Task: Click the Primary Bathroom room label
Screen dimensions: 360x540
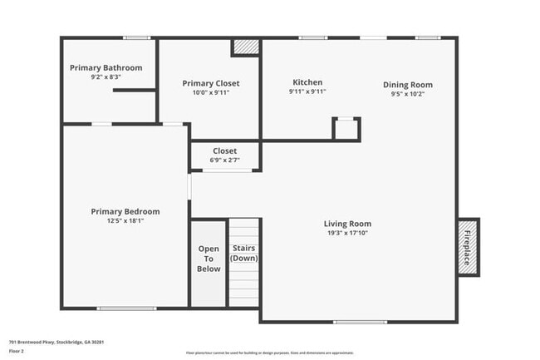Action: (x=106, y=67)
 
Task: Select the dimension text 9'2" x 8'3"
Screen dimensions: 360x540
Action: (x=106, y=76)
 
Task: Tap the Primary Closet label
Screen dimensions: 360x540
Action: (x=210, y=83)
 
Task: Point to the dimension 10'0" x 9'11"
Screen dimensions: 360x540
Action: (x=210, y=92)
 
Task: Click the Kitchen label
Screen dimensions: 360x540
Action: (x=307, y=82)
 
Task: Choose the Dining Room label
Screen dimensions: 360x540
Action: (x=407, y=85)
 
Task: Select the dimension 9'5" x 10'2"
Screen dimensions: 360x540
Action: (x=407, y=94)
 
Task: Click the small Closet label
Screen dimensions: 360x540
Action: (x=224, y=150)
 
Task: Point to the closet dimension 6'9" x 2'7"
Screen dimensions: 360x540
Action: (x=224, y=160)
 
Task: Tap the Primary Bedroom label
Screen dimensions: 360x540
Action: (x=125, y=211)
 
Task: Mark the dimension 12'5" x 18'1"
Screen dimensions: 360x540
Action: (x=125, y=220)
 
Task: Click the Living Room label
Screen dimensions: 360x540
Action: (x=347, y=223)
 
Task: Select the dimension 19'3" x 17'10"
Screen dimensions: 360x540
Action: (x=347, y=233)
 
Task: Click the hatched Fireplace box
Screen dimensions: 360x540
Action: (x=468, y=247)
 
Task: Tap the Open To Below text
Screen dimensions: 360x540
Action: (x=209, y=259)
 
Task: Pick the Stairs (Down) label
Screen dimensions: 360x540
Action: (x=243, y=253)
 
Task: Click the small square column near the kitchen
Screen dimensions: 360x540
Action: (x=346, y=129)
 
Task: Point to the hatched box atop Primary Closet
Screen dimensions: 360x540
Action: (x=245, y=47)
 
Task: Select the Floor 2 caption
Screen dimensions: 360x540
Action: (x=17, y=351)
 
